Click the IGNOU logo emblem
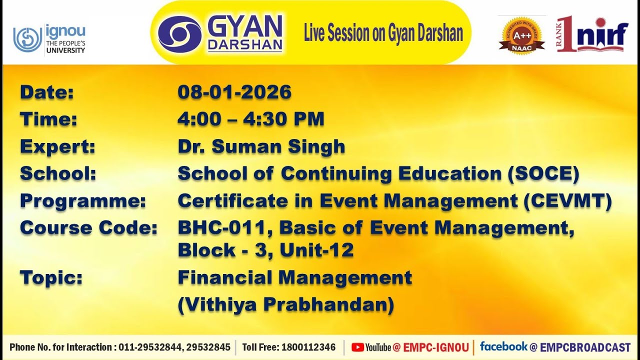tap(28, 39)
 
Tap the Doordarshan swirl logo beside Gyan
tap(180, 34)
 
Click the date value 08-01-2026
tap(234, 92)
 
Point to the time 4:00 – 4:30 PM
tap(251, 119)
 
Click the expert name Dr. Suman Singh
tap(261, 146)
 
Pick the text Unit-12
tap(316, 250)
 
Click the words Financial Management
tap(295, 277)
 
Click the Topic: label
tap(51, 277)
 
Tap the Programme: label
tap(83, 200)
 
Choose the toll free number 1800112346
tap(308, 347)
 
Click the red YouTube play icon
tap(357, 347)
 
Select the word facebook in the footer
tap(503, 346)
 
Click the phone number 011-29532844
tap(150, 347)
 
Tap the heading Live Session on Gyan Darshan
tap(383, 33)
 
